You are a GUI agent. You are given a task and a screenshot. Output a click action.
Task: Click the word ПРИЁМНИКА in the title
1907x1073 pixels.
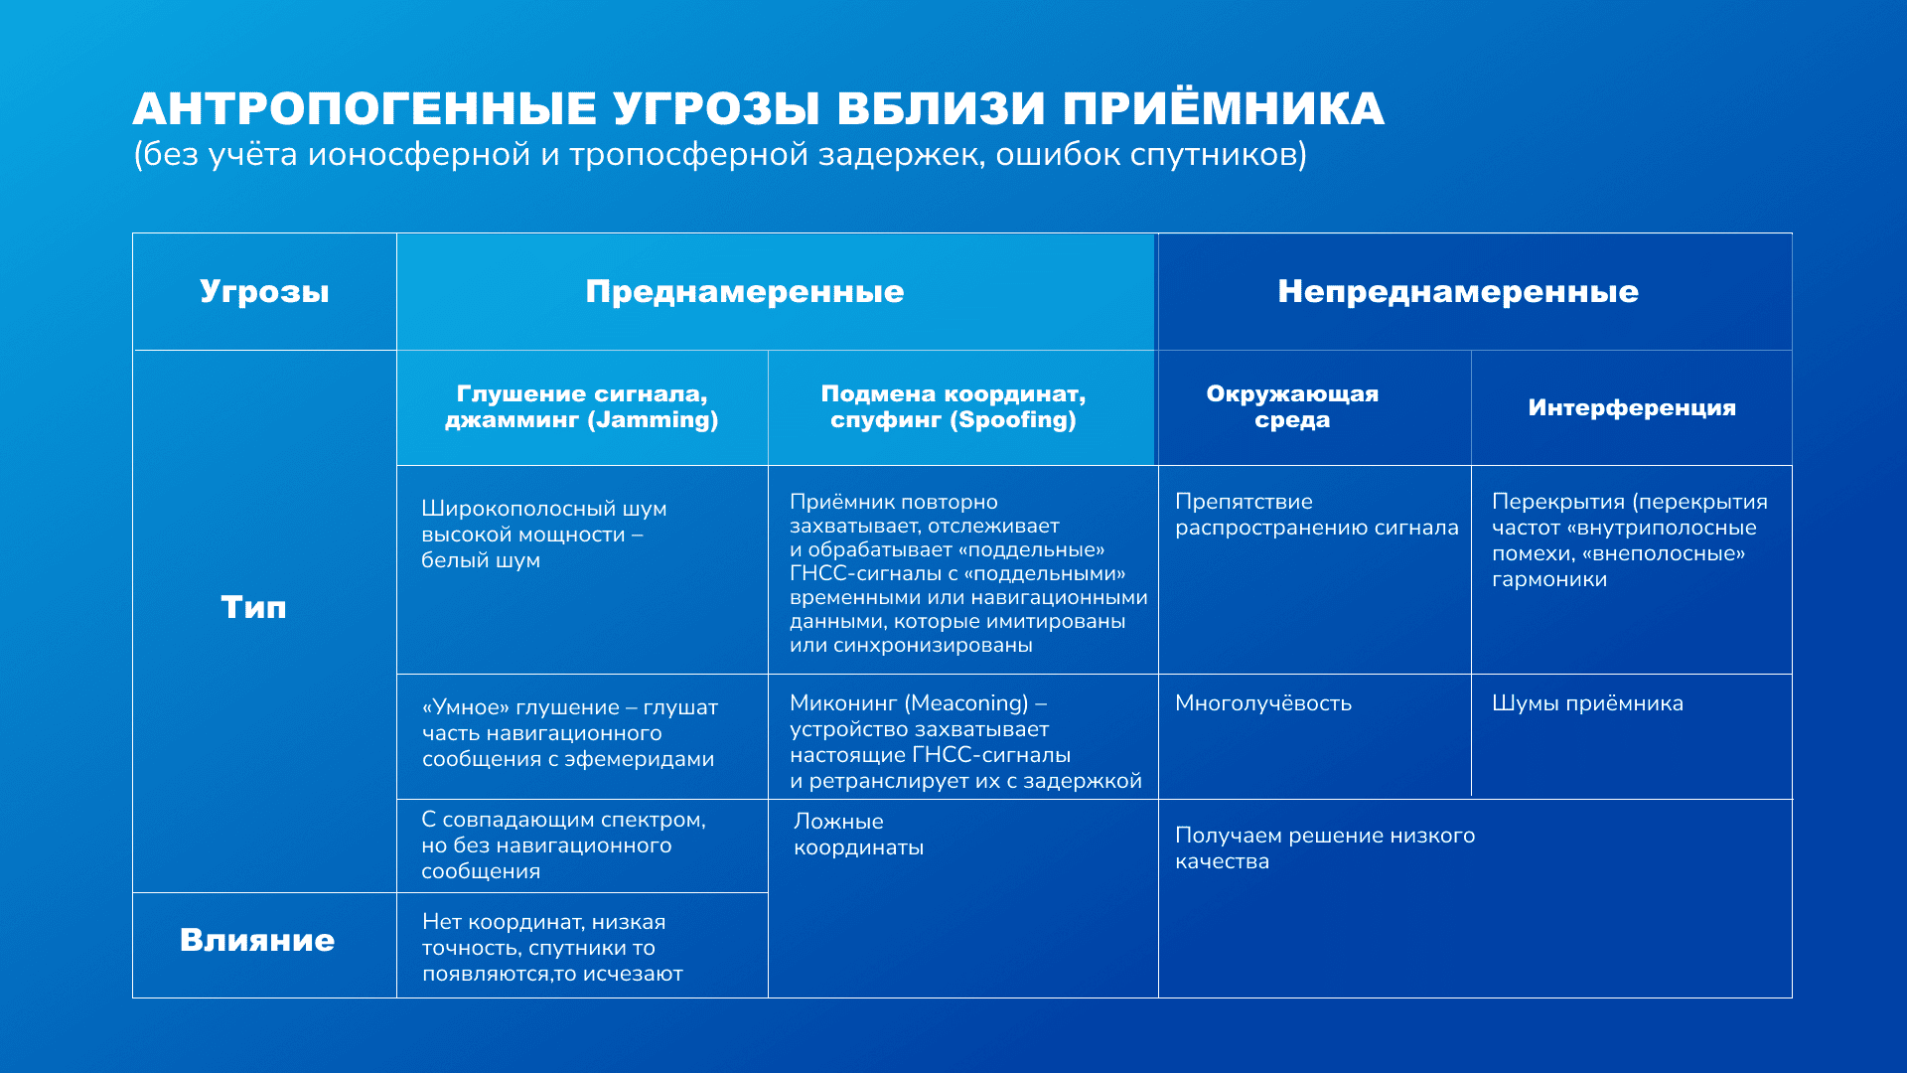pyautogui.click(x=1224, y=107)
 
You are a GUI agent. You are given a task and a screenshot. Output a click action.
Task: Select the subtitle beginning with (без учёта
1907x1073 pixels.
pyautogui.click(x=720, y=155)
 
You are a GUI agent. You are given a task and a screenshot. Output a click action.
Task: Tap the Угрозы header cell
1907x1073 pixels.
pyautogui.click(x=264, y=291)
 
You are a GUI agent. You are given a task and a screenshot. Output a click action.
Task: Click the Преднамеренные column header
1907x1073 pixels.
pyautogui.click(x=745, y=291)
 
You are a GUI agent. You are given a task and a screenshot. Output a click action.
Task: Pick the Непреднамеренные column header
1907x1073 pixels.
pyautogui.click(x=1458, y=291)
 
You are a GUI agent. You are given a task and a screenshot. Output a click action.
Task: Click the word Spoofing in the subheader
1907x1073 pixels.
pyautogui.click(x=1013, y=420)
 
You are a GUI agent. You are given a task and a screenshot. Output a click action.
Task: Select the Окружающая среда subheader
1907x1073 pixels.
pyautogui.click(x=1292, y=406)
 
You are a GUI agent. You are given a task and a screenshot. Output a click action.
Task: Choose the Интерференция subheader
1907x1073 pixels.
pyautogui.click(x=1632, y=407)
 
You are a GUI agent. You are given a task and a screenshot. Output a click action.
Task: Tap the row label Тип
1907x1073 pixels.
pyautogui.click(x=253, y=607)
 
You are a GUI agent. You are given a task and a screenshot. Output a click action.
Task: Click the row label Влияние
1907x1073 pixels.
pyautogui.click(x=257, y=940)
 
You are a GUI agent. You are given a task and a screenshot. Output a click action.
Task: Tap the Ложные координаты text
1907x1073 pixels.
pyautogui.click(x=858, y=835)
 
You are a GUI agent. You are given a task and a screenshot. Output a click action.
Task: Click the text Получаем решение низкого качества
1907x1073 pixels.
pyautogui.click(x=1325, y=848)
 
